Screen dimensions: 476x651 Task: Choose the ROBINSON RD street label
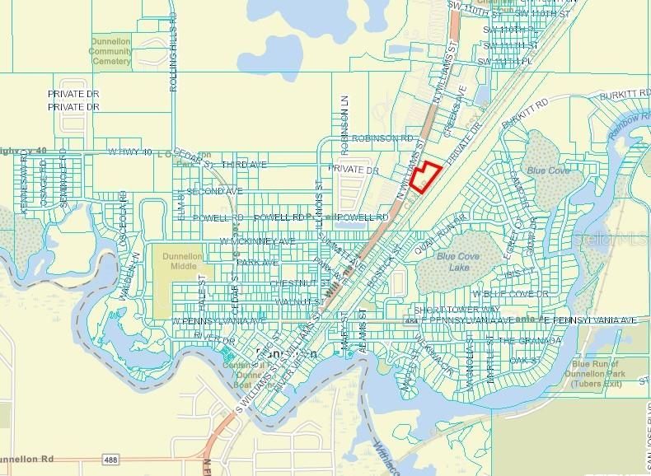[x=381, y=139]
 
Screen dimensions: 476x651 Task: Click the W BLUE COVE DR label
[x=510, y=294]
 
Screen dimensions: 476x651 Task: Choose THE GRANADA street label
[x=530, y=340]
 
